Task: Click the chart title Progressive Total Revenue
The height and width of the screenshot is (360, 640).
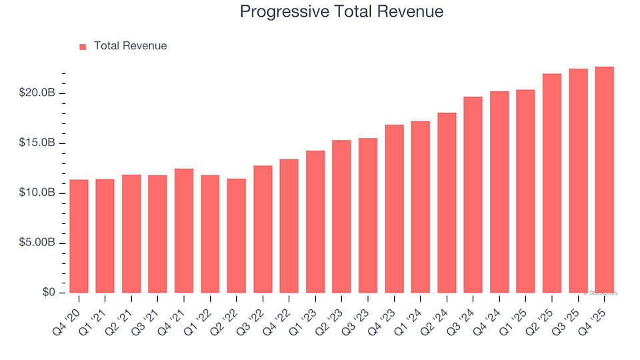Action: click(341, 12)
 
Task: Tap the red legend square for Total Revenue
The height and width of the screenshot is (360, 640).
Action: click(83, 47)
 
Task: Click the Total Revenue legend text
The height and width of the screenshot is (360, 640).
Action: click(130, 46)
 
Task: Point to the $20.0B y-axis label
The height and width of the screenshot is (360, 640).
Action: click(38, 93)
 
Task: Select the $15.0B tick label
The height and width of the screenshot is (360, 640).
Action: click(38, 143)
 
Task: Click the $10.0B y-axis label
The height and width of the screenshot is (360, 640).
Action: click(38, 193)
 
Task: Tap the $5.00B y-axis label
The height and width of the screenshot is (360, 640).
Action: click(38, 243)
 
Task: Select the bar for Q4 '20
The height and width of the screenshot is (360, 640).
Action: click(79, 237)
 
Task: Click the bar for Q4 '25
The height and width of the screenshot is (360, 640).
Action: click(604, 180)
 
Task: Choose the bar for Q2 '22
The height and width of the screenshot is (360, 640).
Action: click(237, 236)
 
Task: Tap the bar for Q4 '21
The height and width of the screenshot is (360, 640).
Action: click(184, 231)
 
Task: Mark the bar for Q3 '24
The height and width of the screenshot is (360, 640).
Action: click(473, 195)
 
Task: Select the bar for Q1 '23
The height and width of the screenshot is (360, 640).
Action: click(315, 222)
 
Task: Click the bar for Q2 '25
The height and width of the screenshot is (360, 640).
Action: click(551, 183)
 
